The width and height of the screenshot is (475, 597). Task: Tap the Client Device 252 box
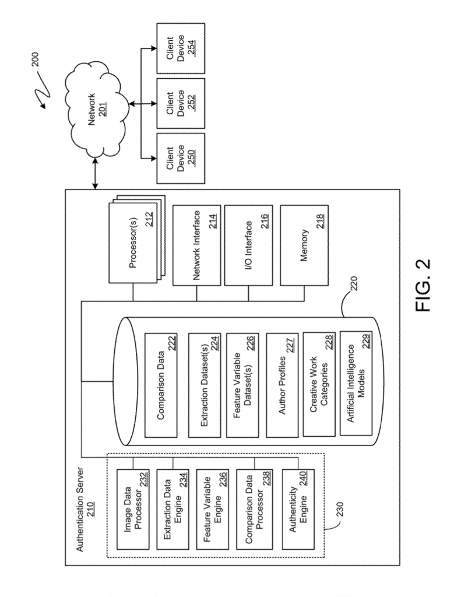[x=181, y=103]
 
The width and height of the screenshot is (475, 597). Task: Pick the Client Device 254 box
[x=181, y=49]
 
